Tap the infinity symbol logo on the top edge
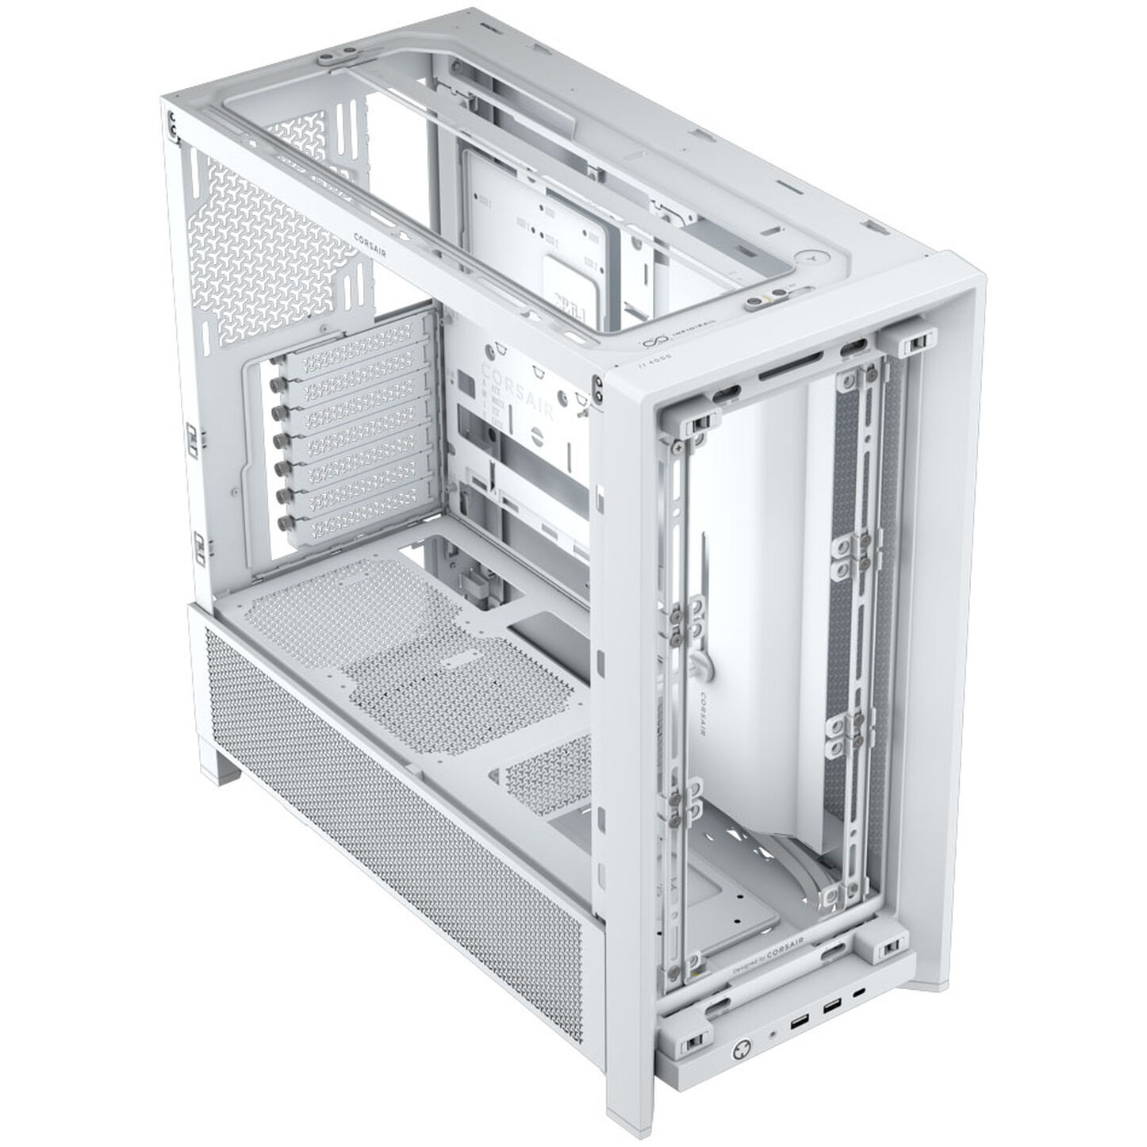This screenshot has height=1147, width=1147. click(x=651, y=343)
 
